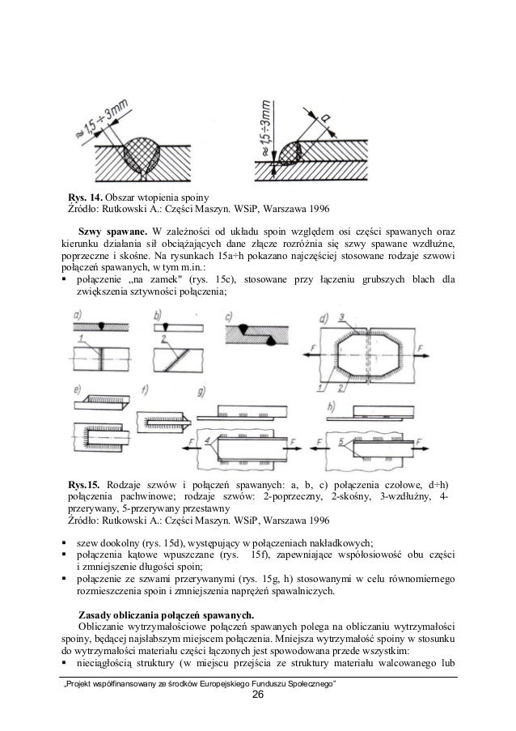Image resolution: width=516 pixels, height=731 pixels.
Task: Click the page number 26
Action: [x=257, y=695]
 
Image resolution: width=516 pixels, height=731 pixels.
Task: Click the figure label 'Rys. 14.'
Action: [x=84, y=198]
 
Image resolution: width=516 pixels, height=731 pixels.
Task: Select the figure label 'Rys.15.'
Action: [x=86, y=484]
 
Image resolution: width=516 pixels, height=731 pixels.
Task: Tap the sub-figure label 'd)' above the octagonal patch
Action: [x=324, y=317]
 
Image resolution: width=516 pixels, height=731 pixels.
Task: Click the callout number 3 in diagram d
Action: [x=343, y=316]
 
